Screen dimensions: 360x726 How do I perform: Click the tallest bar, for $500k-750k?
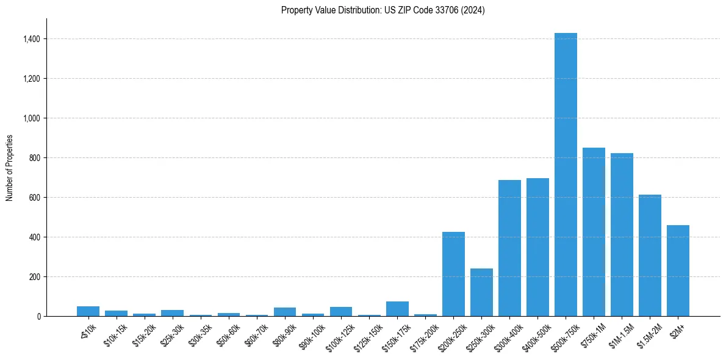click(x=566, y=175)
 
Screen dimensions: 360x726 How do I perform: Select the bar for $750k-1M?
click(x=594, y=232)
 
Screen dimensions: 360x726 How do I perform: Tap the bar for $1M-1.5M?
click(x=622, y=235)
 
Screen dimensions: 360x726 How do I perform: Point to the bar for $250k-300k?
click(x=481, y=292)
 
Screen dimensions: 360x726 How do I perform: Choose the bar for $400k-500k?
click(x=537, y=247)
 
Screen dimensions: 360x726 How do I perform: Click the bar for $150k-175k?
click(x=397, y=309)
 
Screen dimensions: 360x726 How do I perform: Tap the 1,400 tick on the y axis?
click(x=32, y=39)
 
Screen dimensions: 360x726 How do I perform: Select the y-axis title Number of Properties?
click(x=9, y=168)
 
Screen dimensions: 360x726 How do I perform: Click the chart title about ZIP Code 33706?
click(x=383, y=10)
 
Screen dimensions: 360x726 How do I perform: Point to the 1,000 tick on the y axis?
click(x=32, y=118)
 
